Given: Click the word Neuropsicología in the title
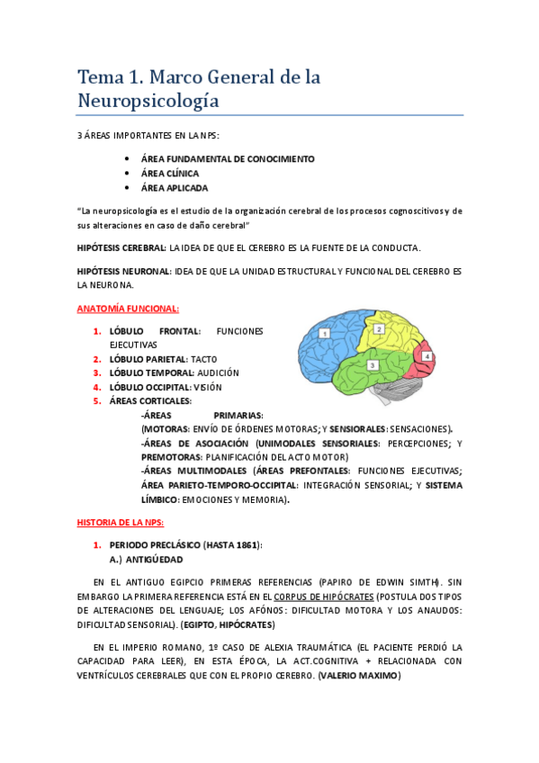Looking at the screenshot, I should [148, 102].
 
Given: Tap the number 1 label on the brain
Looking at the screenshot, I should [325, 333].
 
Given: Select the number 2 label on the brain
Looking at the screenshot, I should [379, 329].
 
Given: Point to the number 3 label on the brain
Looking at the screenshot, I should [372, 365].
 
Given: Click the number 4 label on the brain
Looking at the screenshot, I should [427, 356].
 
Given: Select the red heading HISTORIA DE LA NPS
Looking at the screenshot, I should [121, 522].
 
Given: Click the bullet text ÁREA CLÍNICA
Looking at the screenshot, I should [170, 173].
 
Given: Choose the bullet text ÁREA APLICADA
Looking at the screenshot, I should [174, 188].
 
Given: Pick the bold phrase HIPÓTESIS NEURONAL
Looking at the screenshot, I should [123, 270].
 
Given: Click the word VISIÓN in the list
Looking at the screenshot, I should [208, 387].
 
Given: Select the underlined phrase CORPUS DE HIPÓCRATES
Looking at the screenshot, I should [324, 595].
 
